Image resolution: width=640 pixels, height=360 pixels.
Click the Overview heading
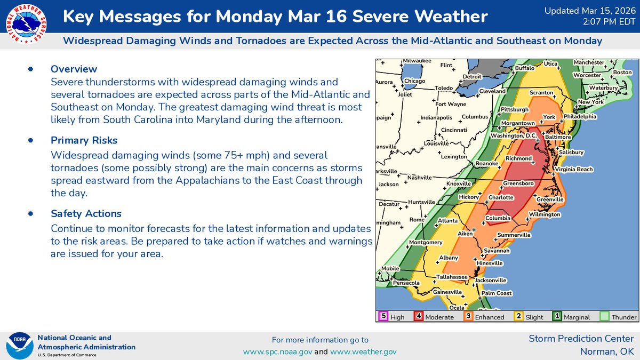click(74, 69)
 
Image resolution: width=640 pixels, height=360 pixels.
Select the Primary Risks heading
click(84, 140)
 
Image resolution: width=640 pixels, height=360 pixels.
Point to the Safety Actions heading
click(86, 213)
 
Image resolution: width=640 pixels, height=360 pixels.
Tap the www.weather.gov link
click(363, 352)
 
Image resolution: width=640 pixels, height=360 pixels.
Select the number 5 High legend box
click(383, 316)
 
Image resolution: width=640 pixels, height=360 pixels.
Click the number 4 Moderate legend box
click(419, 316)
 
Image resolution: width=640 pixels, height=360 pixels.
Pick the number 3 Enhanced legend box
click(468, 316)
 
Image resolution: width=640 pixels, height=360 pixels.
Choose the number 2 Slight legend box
click(518, 316)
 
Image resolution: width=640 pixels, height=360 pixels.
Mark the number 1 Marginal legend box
click(557, 316)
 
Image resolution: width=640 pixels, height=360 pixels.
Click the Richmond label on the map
click(518, 158)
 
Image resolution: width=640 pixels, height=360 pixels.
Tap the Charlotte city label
click(501, 197)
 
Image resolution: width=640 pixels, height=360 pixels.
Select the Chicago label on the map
click(414, 81)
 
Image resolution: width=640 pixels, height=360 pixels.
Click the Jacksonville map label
click(491, 280)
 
